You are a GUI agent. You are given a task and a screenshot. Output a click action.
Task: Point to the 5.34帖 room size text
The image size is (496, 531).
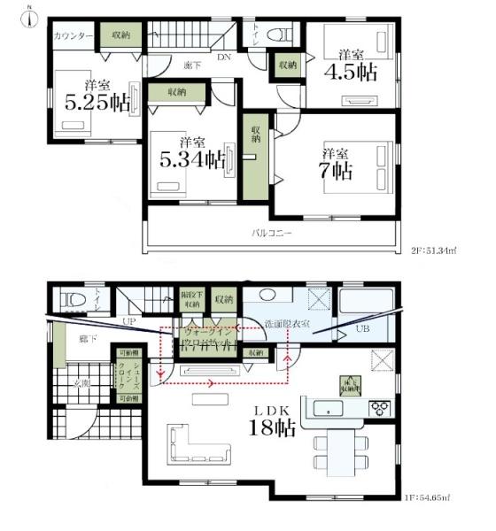(190, 152)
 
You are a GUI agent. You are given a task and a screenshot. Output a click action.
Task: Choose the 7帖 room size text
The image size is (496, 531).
(337, 164)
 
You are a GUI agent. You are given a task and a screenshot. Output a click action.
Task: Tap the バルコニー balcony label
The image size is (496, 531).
(272, 234)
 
